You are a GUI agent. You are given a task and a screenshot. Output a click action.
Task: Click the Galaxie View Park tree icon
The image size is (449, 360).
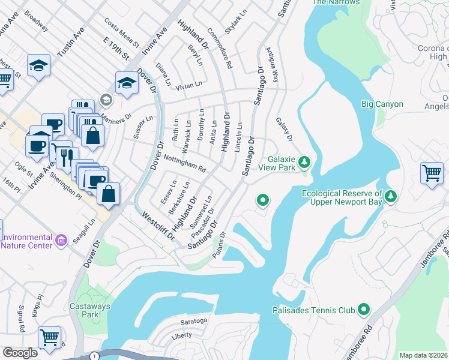tap(304, 161)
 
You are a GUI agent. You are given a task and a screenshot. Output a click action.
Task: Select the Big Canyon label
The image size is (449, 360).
tap(382, 104)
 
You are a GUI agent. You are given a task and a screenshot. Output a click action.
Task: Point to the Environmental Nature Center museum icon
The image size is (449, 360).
tap(61, 241)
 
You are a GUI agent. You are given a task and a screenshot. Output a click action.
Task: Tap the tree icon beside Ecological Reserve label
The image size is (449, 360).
tap(391, 196)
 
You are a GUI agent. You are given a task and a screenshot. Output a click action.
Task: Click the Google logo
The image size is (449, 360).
tap(20, 353)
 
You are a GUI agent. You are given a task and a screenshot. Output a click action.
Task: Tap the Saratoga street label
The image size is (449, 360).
tap(190, 321)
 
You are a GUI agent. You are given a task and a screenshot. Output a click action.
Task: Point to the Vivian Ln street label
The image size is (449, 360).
tap(188, 86)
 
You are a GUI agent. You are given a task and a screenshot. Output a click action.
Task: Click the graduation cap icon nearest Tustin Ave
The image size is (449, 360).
tap(39, 65)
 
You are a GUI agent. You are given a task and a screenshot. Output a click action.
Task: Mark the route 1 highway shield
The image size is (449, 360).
tap(94, 356)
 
